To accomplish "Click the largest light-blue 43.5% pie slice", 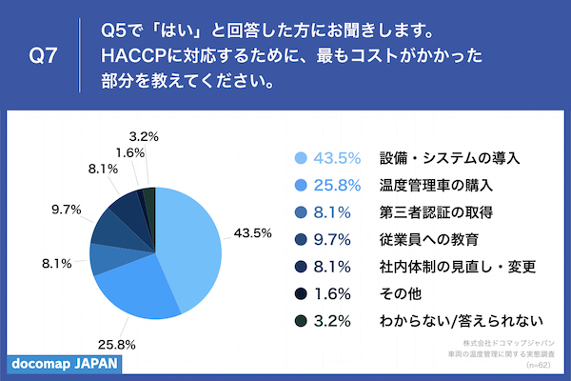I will (x=190, y=248).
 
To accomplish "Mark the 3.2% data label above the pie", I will (x=142, y=136).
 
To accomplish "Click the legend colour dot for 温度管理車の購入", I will (x=302, y=185).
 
